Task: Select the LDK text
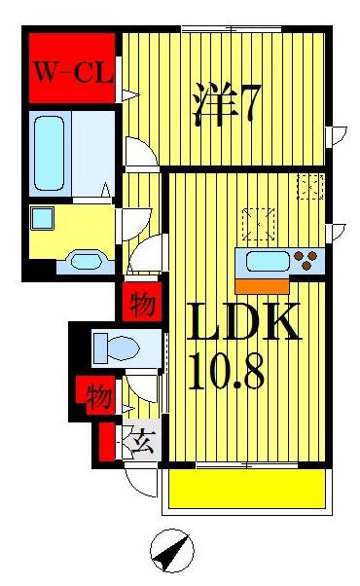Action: click(244, 323)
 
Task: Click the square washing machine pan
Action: click(43, 218)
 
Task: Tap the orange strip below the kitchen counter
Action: click(262, 285)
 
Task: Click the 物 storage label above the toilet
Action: click(142, 306)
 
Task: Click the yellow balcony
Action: click(244, 488)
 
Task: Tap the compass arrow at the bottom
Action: click(171, 554)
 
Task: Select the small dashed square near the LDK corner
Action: click(310, 186)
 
